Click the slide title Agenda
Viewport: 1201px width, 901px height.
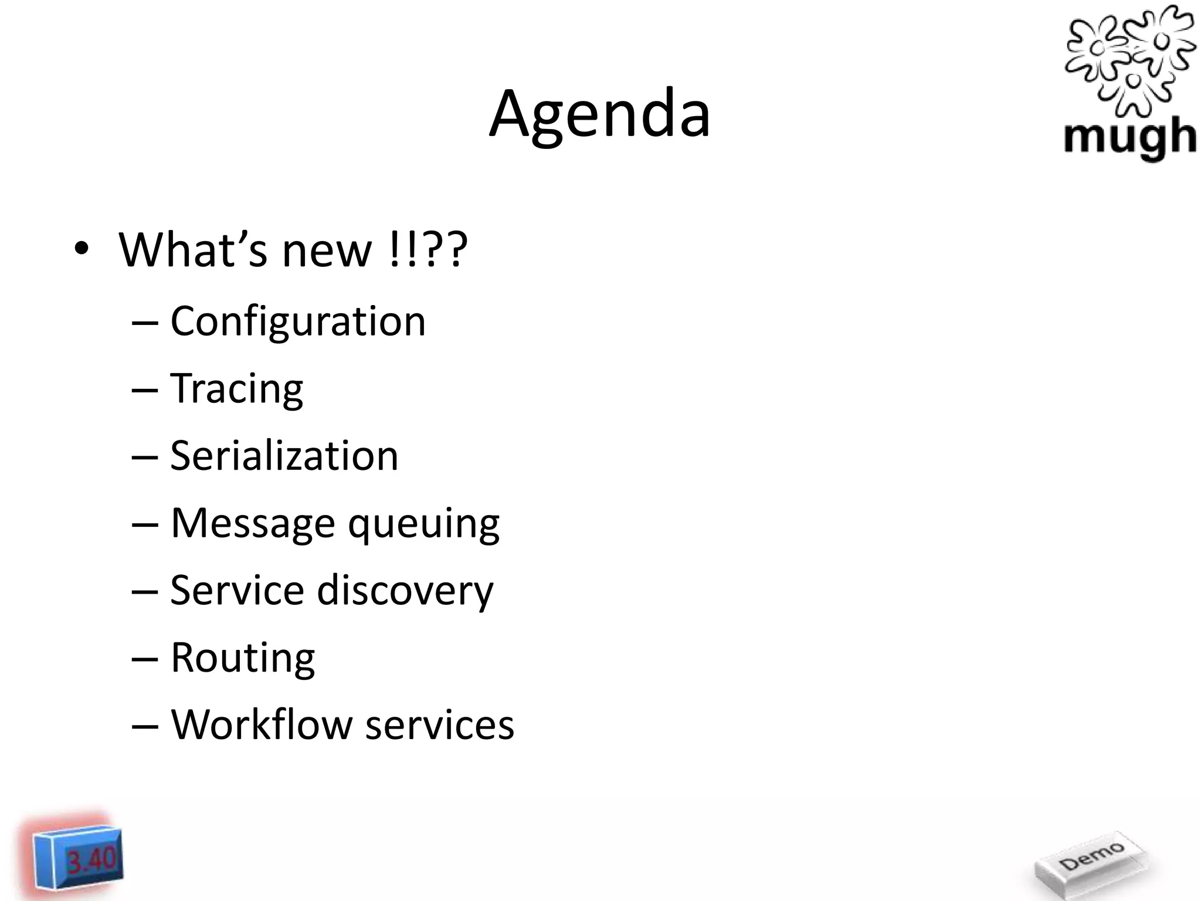coord(599,114)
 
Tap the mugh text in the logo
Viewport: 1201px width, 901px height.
coord(1129,138)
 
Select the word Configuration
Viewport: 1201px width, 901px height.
coord(298,322)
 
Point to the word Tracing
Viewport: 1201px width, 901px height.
coord(236,389)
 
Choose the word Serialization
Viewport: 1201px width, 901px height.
coord(284,456)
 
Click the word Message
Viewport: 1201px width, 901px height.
coord(252,523)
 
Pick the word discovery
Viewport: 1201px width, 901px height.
coord(405,591)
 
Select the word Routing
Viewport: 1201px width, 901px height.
coord(242,658)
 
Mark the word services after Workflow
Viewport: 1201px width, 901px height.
coord(440,725)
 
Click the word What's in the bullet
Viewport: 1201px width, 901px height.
coord(193,250)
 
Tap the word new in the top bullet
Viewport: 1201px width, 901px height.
coord(327,251)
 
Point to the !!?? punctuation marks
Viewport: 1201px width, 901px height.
coord(428,250)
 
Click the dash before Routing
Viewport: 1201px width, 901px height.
coord(145,658)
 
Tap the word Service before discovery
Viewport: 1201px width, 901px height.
coord(237,591)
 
